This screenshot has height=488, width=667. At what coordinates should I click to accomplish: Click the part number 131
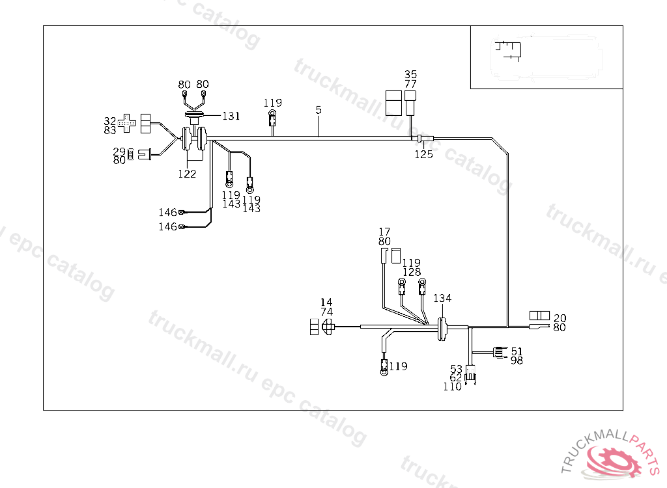pyautogui.click(x=231, y=116)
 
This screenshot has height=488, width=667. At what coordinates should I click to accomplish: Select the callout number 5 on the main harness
pyautogui.click(x=319, y=110)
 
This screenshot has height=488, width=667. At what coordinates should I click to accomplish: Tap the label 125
pyautogui.click(x=423, y=154)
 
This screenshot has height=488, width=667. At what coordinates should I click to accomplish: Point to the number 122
pyautogui.click(x=187, y=174)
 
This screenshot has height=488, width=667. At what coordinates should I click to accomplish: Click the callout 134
pyautogui.click(x=442, y=298)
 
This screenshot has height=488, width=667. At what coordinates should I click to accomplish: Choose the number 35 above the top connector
pyautogui.click(x=410, y=74)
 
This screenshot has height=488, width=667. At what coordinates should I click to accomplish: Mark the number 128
pyautogui.click(x=412, y=272)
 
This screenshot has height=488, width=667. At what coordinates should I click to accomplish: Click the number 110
pyautogui.click(x=452, y=386)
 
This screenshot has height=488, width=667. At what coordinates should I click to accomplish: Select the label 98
pyautogui.click(x=517, y=360)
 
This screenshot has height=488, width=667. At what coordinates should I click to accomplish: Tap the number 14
pyautogui.click(x=326, y=303)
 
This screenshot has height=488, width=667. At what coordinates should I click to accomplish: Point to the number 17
pyautogui.click(x=384, y=232)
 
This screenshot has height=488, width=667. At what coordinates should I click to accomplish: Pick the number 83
pyautogui.click(x=109, y=130)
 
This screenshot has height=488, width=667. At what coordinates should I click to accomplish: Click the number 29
pyautogui.click(x=119, y=152)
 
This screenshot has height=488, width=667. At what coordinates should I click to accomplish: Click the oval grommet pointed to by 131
pyautogui.click(x=194, y=115)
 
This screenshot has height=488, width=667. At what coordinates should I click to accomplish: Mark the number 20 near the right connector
pyautogui.click(x=560, y=318)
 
